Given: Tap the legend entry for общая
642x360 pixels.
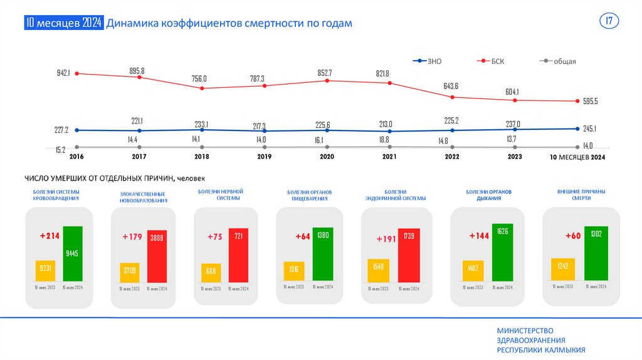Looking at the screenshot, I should (564, 61).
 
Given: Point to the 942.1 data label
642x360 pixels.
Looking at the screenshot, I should (63, 73).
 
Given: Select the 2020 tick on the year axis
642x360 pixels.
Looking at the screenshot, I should (327, 157).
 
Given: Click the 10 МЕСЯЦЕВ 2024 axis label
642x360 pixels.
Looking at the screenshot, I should (577, 157).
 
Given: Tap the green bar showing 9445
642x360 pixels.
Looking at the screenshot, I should (73, 253).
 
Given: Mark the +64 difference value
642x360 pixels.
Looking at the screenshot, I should (303, 236).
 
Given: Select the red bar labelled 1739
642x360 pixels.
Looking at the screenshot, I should (409, 257).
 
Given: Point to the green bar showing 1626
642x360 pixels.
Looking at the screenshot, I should (502, 253).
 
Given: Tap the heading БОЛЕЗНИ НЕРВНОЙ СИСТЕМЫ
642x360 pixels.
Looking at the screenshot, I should (220, 194).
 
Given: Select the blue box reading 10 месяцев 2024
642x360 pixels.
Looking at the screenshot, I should (63, 23).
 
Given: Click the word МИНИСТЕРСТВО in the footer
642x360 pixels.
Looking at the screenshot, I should (525, 331).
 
